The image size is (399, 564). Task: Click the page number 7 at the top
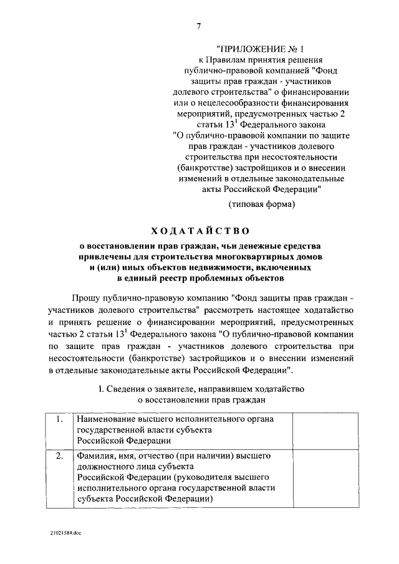(198, 26)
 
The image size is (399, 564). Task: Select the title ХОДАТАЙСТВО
(199, 232)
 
